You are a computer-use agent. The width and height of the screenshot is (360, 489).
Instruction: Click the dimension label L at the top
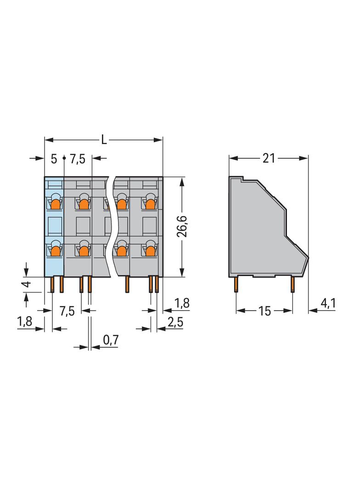click(x=104, y=140)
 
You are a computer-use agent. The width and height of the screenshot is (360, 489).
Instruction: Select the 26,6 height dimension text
click(x=182, y=226)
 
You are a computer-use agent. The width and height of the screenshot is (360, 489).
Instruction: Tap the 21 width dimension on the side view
click(x=269, y=158)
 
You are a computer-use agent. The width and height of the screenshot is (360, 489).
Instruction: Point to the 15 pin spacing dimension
click(x=264, y=311)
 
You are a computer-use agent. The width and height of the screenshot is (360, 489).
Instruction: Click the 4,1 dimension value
click(x=328, y=303)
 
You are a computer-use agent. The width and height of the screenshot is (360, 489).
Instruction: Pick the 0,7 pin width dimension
click(x=111, y=339)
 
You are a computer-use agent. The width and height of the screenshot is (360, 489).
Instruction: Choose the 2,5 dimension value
click(x=175, y=322)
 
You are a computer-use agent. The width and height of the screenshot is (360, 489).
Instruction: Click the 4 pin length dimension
click(x=28, y=284)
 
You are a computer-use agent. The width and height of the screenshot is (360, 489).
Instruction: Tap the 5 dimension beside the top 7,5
click(x=54, y=159)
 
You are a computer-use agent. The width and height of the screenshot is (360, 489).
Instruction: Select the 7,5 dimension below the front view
click(x=67, y=311)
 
